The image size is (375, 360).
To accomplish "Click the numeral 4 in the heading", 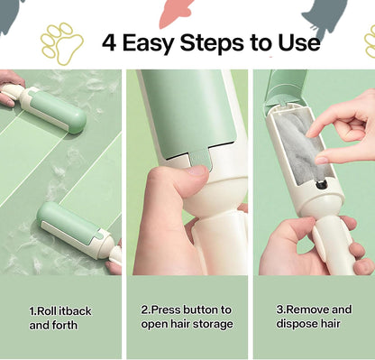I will (110, 42).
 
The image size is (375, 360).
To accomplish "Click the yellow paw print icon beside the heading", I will (60, 42).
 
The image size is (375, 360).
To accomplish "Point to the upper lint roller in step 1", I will (54, 107).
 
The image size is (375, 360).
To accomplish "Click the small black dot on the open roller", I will (322, 184).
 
